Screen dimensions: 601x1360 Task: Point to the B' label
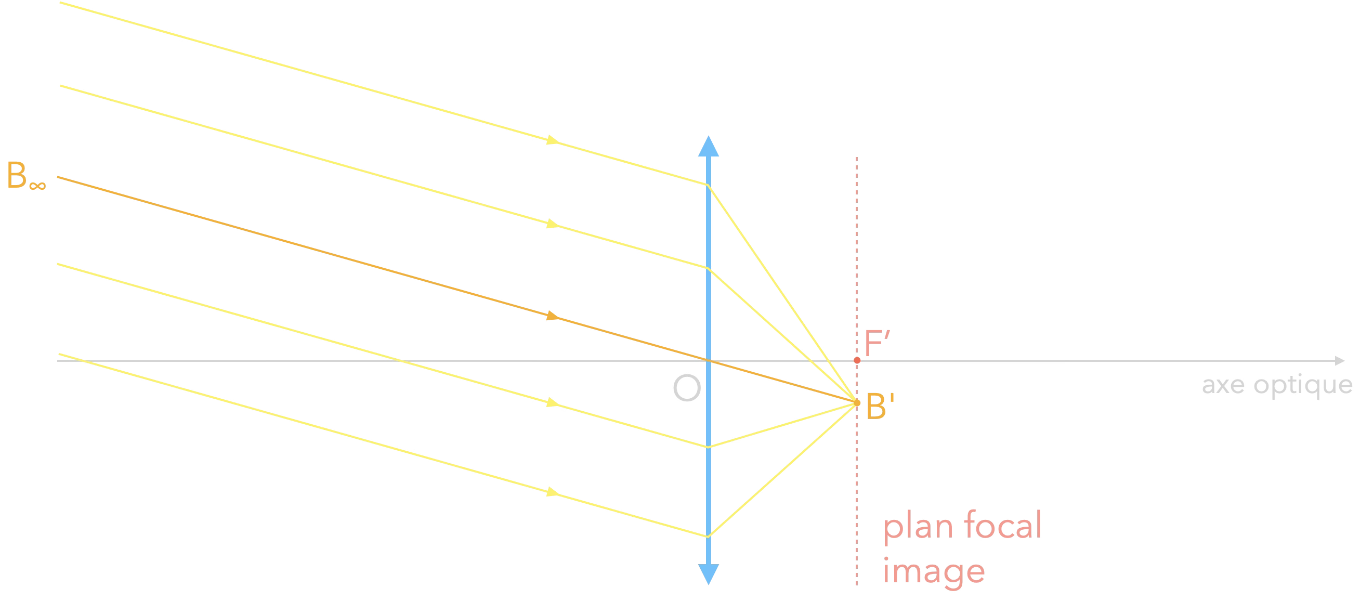880,407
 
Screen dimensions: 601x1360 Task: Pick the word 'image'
933,570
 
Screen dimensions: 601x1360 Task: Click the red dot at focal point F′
857,360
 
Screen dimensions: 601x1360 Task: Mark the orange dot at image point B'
856,403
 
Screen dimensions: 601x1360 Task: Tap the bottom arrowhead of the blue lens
709,574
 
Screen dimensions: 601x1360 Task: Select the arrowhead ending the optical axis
1340,361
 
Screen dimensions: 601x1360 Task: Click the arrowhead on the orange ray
552,316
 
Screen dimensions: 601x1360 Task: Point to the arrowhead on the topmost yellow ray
552,140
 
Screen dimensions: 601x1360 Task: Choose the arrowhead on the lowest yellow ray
552,492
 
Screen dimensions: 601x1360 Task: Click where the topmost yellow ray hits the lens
709,185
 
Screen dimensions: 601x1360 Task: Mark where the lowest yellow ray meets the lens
709,536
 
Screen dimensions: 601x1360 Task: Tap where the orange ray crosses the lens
709,361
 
